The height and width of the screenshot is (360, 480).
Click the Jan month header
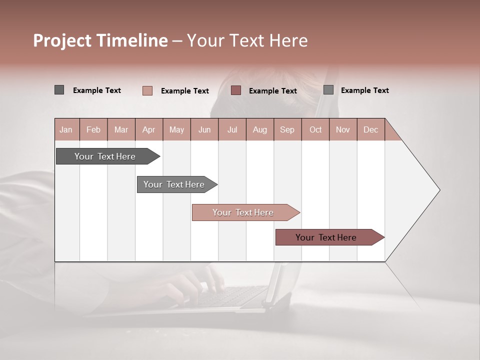click(x=66, y=130)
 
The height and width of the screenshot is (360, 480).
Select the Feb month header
click(x=93, y=130)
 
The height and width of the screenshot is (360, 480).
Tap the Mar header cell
click(x=121, y=130)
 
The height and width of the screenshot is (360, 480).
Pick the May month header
click(x=176, y=130)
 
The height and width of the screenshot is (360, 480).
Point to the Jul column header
click(x=232, y=130)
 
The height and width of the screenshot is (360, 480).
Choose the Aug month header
click(x=260, y=130)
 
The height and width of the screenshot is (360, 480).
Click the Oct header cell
click(x=315, y=130)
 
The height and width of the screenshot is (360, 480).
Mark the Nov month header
click(x=343, y=130)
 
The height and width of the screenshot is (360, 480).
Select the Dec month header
click(x=370, y=130)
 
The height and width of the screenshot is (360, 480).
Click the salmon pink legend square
click(x=147, y=90)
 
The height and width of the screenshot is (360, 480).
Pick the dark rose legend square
click(x=236, y=90)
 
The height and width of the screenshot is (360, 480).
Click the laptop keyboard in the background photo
click(x=230, y=296)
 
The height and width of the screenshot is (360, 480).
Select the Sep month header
click(x=287, y=130)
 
